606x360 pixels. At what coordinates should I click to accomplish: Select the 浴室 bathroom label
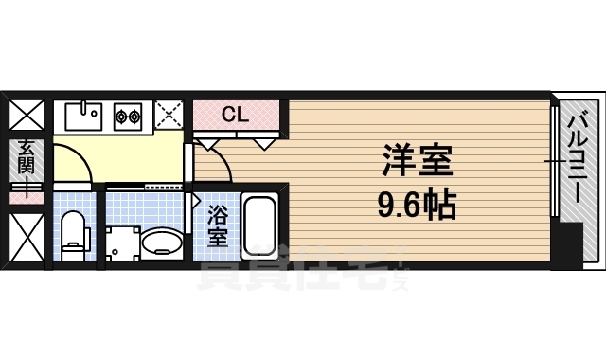(x=217, y=227)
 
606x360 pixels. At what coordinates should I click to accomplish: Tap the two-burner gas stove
(x=128, y=117)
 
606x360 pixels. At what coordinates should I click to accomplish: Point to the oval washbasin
(x=162, y=243)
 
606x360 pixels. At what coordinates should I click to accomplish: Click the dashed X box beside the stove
(x=169, y=116)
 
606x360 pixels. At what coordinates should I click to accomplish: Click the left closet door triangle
(x=207, y=143)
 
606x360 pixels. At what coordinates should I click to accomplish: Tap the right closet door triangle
(x=264, y=143)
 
